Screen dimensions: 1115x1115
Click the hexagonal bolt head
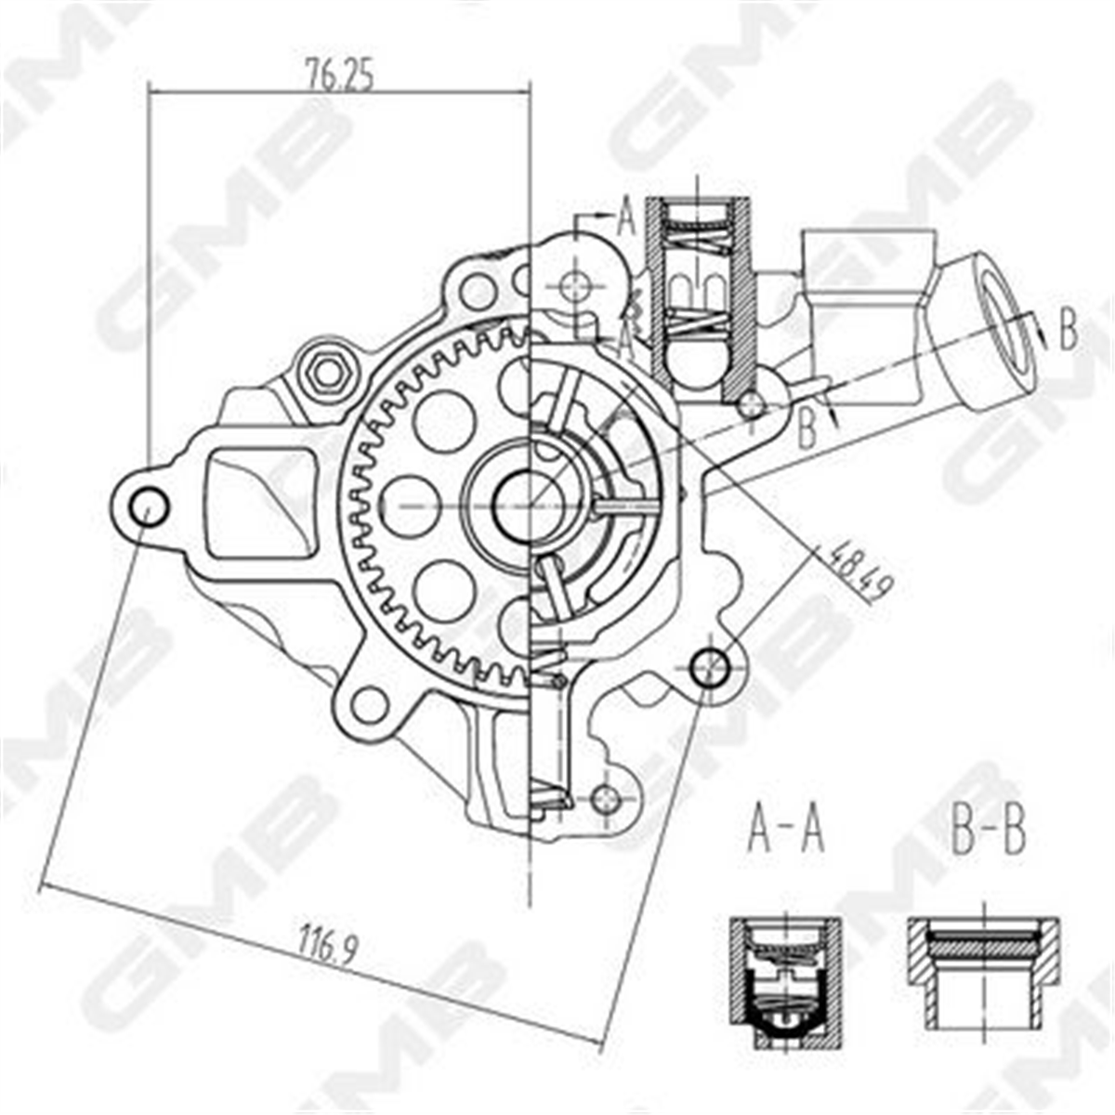[327, 374]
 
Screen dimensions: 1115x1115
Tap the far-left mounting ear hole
[149, 507]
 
